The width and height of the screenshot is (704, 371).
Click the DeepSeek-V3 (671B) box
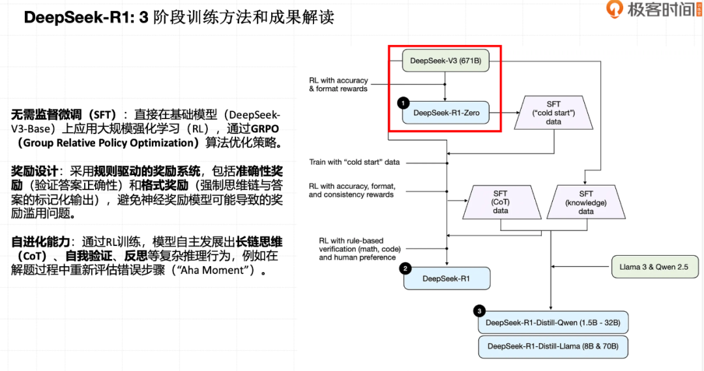coord(445,61)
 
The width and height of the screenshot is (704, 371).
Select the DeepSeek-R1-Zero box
coord(446,113)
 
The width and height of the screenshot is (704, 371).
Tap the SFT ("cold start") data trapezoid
coord(553,113)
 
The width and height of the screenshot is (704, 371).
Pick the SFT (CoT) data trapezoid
coord(502,202)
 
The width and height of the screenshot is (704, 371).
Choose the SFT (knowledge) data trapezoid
coord(586,202)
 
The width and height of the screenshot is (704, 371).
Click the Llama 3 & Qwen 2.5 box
coord(655,267)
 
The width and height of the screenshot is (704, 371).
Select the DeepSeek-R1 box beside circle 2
coord(447,279)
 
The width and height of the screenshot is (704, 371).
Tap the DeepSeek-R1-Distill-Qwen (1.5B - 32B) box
coord(553,323)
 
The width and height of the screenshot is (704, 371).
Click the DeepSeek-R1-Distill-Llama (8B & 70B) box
coord(553,346)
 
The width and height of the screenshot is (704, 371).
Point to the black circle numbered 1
coord(403,103)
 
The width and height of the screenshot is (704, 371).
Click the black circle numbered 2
coord(405,268)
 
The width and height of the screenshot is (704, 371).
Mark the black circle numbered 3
coord(480,311)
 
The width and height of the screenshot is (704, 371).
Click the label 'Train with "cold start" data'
coord(354,162)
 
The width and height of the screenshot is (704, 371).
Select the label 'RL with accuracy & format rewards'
coord(338,85)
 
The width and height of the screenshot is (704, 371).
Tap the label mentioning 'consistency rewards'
coord(352,191)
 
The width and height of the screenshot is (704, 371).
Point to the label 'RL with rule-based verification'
coord(359,249)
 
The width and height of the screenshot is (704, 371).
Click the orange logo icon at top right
coord(614,8)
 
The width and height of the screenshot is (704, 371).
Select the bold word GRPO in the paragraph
coord(265,129)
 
